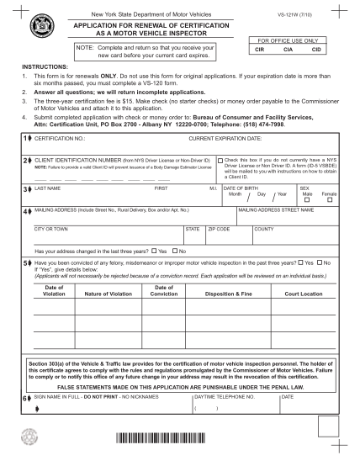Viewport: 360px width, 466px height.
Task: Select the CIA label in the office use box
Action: tap(286, 50)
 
